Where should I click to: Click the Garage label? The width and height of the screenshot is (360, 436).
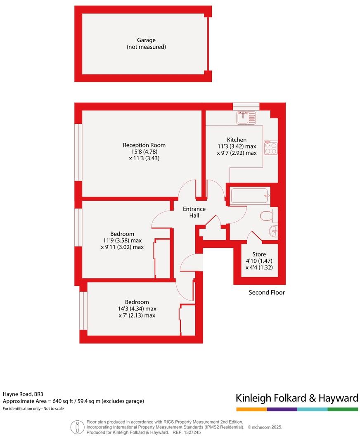[x=146, y=40]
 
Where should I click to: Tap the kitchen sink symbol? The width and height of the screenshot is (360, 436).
[x=246, y=118]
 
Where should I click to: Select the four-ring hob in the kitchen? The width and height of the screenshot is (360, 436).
[x=271, y=148]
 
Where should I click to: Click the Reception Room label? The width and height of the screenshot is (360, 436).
[x=144, y=145]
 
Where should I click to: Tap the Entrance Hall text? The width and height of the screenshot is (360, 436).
[x=194, y=212]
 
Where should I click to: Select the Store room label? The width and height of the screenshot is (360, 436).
[x=259, y=254]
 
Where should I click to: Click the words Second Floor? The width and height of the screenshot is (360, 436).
[x=267, y=293]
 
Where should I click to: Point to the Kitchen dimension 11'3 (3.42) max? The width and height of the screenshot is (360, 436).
[x=237, y=146]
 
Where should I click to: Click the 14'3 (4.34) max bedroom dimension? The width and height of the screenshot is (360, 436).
[x=137, y=308]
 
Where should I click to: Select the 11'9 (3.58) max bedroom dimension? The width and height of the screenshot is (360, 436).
[x=123, y=240]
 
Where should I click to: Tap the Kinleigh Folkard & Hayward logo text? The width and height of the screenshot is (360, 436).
[x=297, y=398]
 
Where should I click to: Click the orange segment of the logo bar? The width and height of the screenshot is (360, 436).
[x=251, y=409]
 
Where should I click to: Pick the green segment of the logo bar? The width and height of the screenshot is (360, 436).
[x=343, y=409]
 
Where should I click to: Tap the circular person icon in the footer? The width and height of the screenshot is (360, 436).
[x=76, y=426]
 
